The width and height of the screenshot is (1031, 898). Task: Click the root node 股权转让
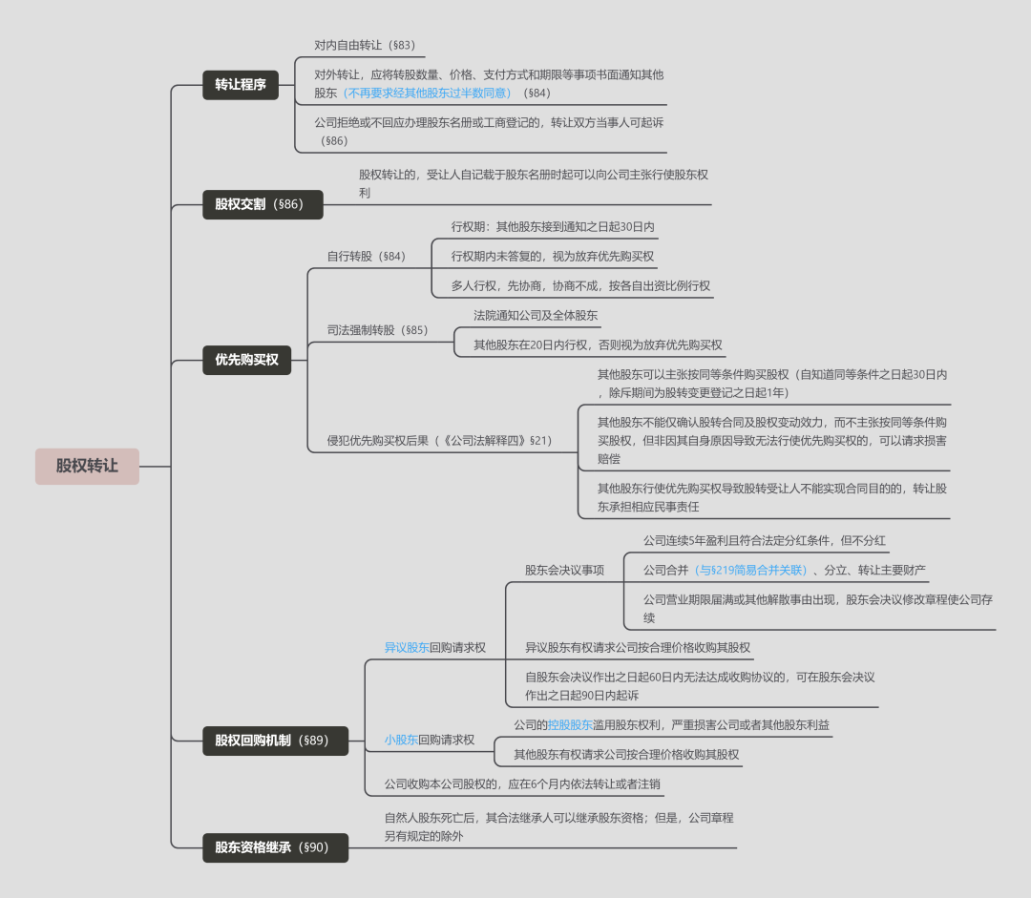click(x=87, y=467)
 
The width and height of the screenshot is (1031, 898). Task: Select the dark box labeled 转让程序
click(x=240, y=84)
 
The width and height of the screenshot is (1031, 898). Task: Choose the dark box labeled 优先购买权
click(x=246, y=360)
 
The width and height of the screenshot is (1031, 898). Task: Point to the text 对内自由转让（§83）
click(x=365, y=45)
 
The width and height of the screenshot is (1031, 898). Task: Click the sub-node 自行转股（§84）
click(x=366, y=257)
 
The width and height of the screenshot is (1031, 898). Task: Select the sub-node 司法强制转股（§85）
click(x=377, y=330)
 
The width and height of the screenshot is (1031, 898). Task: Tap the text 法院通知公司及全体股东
click(x=536, y=315)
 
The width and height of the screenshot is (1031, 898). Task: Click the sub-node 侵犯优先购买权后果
click(x=439, y=441)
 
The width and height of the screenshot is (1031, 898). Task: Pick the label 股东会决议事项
click(x=564, y=570)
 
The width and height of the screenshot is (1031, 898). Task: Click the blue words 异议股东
click(x=407, y=647)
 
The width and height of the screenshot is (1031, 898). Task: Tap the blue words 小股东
click(x=401, y=740)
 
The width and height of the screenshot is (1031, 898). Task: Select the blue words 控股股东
click(x=570, y=724)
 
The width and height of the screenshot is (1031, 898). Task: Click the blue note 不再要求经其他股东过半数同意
click(x=427, y=94)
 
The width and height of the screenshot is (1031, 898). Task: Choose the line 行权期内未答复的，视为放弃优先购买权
click(x=553, y=257)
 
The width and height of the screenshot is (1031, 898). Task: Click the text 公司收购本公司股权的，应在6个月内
click(x=522, y=784)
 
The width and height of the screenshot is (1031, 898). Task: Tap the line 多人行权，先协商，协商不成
click(x=580, y=285)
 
